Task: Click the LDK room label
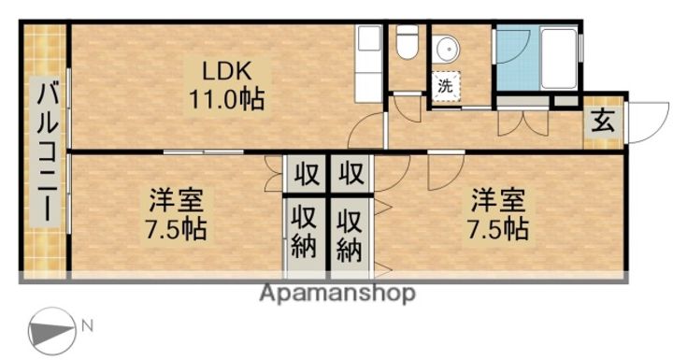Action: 229,69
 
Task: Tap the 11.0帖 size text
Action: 229,98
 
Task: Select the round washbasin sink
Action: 443,46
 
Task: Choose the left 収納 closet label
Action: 305,235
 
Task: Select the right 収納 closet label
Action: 351,235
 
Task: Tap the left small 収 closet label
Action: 305,175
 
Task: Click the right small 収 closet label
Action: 351,175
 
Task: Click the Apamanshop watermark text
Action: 336,294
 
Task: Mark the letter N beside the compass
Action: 86,326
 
